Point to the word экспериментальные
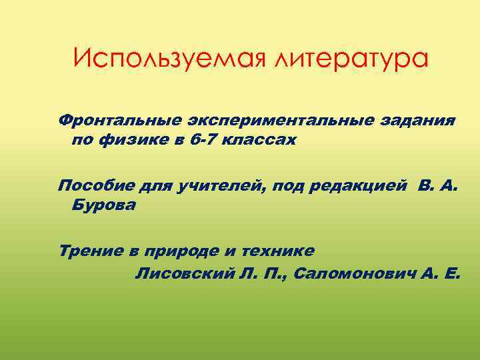(267, 121)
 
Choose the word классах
(260, 141)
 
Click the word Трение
(89, 251)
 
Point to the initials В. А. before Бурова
(439, 185)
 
